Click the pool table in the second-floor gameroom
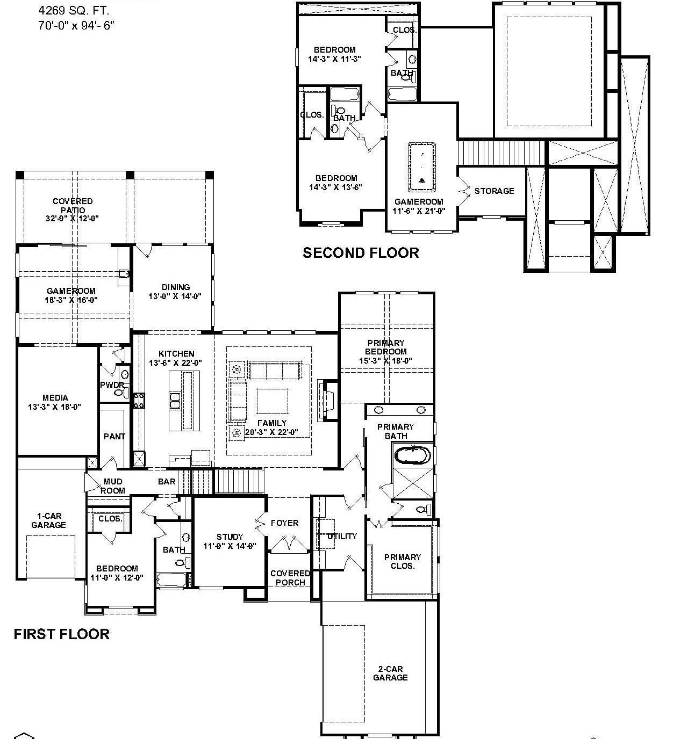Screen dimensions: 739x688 coord(422,167)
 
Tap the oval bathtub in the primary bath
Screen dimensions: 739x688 coord(412,456)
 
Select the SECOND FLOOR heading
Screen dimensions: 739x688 coord(361,253)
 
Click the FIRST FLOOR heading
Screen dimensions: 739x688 coord(61,634)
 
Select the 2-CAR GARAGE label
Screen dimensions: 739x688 coord(390,673)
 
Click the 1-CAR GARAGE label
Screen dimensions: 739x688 coord(48,520)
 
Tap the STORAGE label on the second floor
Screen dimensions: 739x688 coord(494,191)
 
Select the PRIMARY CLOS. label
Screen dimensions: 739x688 coord(402,561)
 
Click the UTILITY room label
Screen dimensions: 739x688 coord(342,536)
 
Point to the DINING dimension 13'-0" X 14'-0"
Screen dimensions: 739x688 coord(175,296)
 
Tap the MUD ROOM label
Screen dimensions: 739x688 coord(112,486)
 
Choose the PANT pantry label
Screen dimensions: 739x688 coord(114,437)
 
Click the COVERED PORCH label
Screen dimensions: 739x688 coord(290,578)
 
